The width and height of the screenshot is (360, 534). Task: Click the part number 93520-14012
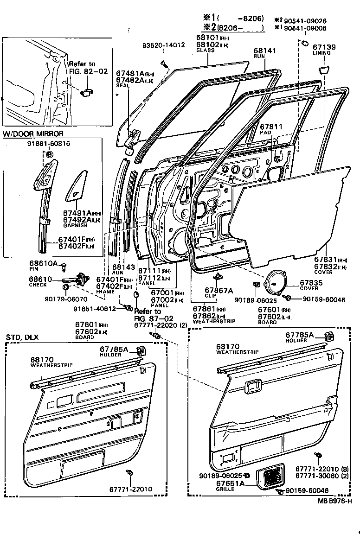(163, 45)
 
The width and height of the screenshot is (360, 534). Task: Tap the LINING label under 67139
(322, 53)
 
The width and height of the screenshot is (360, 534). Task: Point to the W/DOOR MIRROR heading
(33, 134)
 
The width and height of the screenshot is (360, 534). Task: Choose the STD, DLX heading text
(23, 337)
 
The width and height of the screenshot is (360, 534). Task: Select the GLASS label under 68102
(205, 50)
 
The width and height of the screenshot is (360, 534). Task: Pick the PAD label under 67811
(265, 133)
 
